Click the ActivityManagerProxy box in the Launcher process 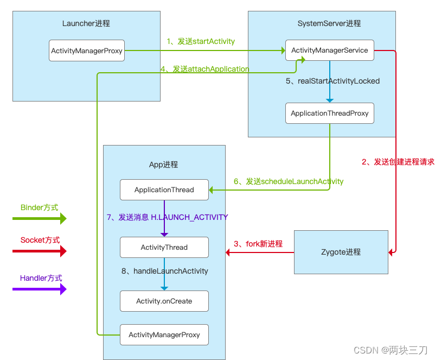click(86, 50)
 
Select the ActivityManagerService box click(330, 50)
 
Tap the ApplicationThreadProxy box click(329, 113)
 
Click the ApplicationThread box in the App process click(164, 190)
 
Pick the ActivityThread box click(164, 247)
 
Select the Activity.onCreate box click(164, 301)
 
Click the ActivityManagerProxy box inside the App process click(164, 334)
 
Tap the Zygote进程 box click(341, 252)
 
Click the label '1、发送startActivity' click(201, 41)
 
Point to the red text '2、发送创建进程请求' click(398, 162)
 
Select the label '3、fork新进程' click(258, 244)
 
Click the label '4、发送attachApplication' click(205, 69)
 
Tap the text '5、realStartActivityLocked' click(332, 81)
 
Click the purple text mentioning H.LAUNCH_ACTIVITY click(167, 217)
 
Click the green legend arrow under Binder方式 click(39, 219)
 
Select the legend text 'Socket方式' click(40, 240)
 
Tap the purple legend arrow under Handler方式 click(39, 289)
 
